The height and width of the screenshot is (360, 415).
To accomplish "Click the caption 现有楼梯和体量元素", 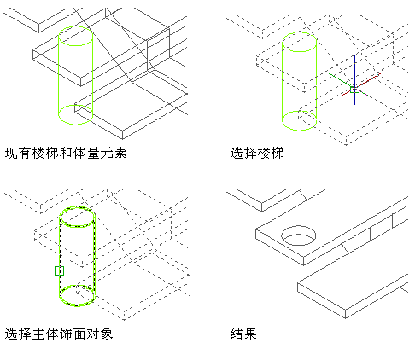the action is (66, 153).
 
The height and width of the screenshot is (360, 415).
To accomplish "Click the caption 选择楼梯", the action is (257, 153).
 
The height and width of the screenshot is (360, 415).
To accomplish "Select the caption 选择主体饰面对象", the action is (59, 334).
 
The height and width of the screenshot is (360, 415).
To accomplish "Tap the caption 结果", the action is (243, 334).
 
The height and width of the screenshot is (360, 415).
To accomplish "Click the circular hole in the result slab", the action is (299, 227).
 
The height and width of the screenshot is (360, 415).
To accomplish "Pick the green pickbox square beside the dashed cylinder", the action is (59, 270).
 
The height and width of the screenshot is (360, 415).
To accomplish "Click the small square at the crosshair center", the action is (354, 88).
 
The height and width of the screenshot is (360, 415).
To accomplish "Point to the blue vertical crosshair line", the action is (354, 80).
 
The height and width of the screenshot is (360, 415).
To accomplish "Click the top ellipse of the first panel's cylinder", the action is (75, 26).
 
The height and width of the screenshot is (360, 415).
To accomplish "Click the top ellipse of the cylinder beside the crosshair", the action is (299, 32).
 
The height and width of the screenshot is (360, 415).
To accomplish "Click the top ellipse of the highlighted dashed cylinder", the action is (77, 206).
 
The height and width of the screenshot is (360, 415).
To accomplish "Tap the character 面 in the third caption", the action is (79, 334).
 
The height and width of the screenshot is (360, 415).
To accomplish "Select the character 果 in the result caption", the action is (250, 334).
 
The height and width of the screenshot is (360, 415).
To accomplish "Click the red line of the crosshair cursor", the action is (361, 84).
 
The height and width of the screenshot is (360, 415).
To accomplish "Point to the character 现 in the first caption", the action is (11, 153).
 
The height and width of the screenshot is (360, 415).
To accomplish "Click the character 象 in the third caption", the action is (107, 334).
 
